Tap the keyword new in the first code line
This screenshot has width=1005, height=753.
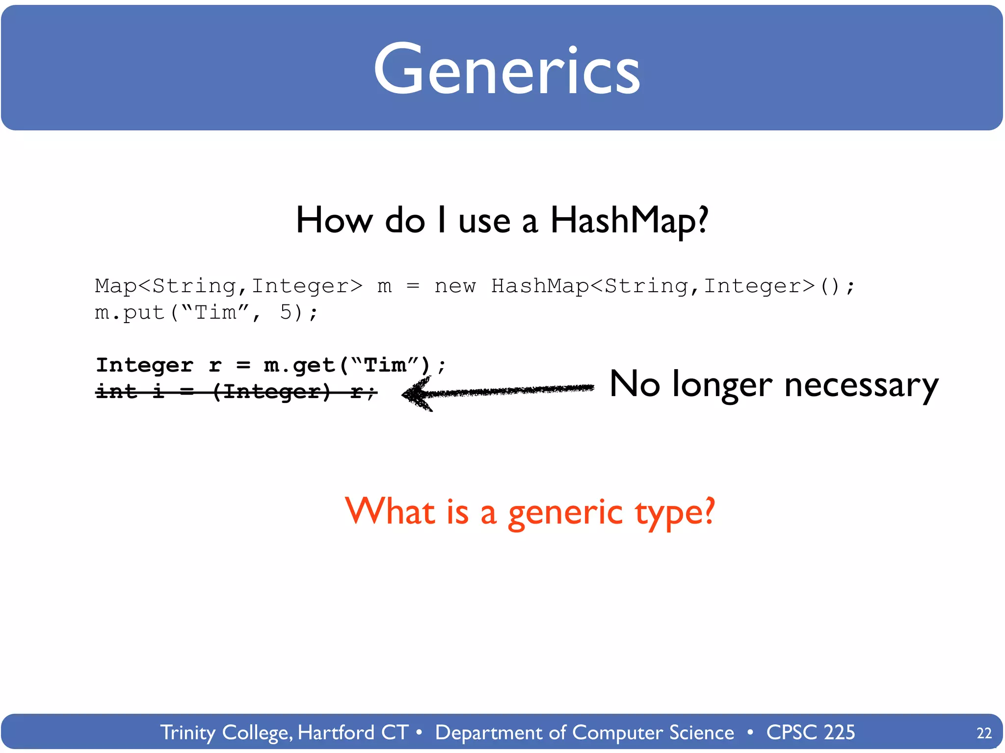tap(455, 286)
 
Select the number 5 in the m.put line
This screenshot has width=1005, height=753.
tap(286, 312)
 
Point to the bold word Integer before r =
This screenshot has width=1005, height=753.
tap(144, 365)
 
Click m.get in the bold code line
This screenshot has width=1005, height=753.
tap(299, 365)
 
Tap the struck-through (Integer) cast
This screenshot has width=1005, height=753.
tap(272, 391)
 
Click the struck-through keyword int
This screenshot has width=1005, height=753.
tap(116, 391)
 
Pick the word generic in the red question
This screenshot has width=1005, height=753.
tap(565, 512)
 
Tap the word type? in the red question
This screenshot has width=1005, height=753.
tap(675, 512)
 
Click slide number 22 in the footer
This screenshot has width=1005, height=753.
tap(984, 733)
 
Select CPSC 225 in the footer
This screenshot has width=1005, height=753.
tap(811, 732)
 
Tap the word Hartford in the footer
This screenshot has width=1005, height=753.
tap(336, 732)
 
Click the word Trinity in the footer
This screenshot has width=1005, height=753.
tap(188, 732)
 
